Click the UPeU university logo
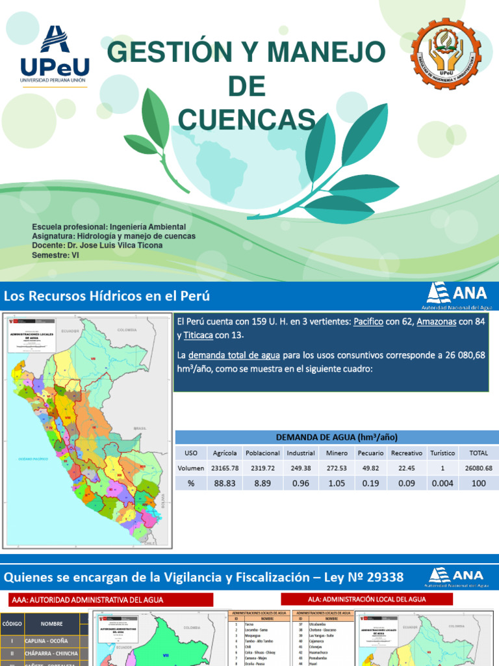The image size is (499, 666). click(55, 57)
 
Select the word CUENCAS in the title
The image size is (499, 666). click(246, 119)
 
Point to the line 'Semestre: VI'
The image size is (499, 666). click(55, 256)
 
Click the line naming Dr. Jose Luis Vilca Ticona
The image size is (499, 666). click(97, 246)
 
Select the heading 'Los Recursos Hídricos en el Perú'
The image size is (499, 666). click(107, 296)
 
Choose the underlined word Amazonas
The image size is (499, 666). click(437, 322)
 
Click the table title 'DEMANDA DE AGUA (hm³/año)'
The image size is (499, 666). click(337, 437)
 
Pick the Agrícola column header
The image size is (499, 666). click(225, 453)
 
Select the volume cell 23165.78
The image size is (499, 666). click(225, 468)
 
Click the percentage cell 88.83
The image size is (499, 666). click(225, 483)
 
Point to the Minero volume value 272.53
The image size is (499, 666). click(336, 468)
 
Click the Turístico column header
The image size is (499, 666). click(442, 453)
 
